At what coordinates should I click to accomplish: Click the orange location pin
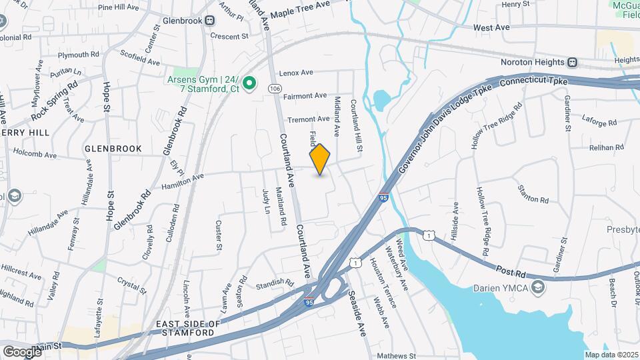(320, 159)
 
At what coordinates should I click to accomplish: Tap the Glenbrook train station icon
(210, 21)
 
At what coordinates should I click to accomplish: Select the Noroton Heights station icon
(572, 62)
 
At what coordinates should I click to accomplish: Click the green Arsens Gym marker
(249, 83)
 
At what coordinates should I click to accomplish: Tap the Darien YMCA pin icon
(539, 287)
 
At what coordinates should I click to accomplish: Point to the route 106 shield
(274, 88)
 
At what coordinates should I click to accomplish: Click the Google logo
(22, 351)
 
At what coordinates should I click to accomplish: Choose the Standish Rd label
(274, 284)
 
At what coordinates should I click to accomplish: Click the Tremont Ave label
(308, 119)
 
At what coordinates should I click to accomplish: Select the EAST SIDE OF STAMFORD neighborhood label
(188, 328)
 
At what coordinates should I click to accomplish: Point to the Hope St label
(109, 207)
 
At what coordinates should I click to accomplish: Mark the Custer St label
(218, 236)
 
